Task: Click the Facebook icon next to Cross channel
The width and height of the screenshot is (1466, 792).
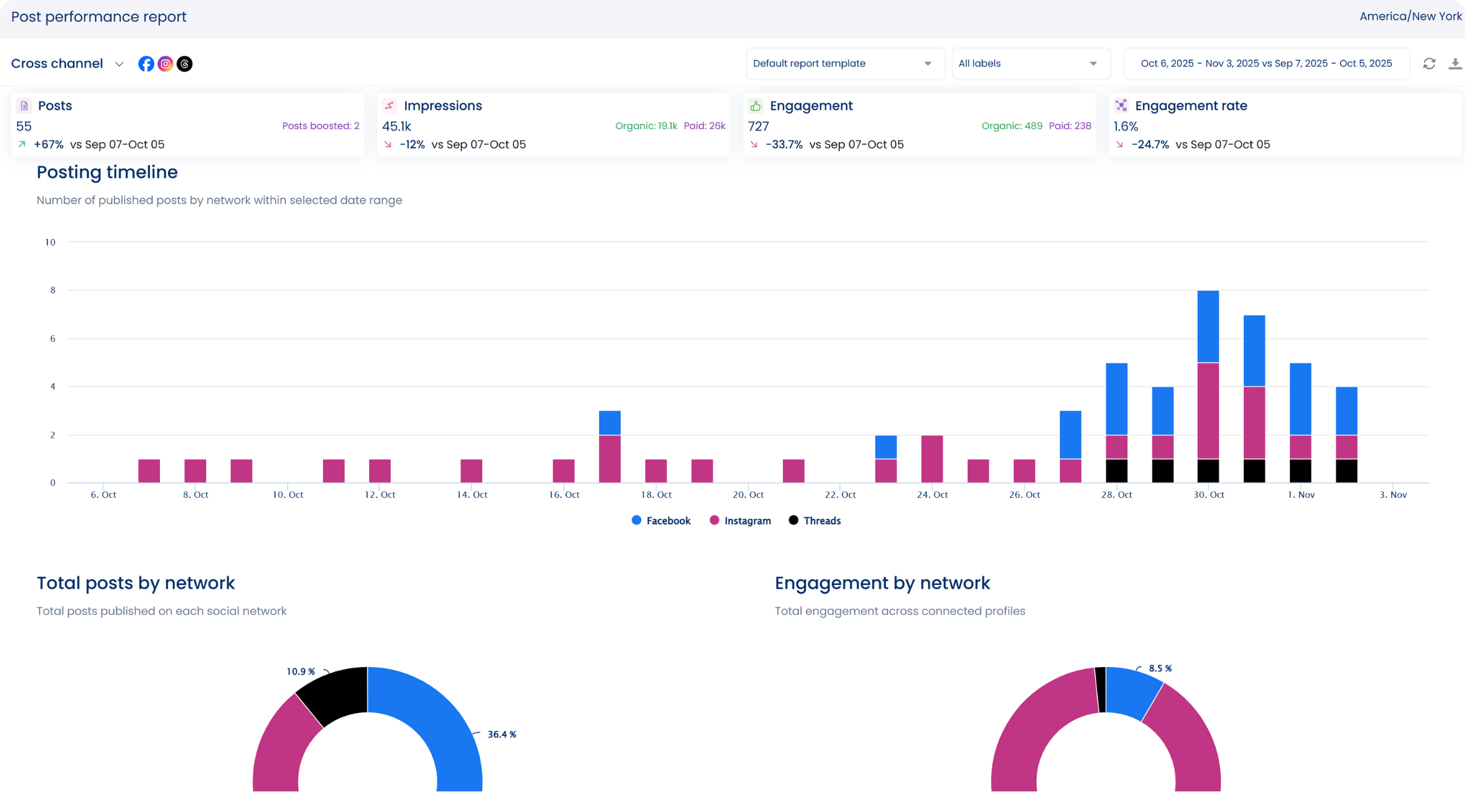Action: [146, 64]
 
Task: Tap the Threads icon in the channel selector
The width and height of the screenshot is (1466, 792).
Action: [185, 64]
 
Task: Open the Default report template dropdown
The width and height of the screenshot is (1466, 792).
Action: [844, 64]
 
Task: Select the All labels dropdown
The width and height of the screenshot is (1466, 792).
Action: [1030, 64]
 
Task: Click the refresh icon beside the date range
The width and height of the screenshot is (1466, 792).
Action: [1429, 64]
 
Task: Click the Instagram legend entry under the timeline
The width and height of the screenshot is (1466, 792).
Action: [740, 521]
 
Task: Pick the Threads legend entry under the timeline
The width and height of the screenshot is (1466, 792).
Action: [815, 521]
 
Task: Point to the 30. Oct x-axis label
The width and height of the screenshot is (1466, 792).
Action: [1208, 495]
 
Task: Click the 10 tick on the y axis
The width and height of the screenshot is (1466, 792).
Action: [50, 242]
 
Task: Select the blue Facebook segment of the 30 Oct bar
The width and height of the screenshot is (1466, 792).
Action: [1208, 326]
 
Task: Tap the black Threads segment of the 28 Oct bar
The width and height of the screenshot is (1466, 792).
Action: [1116, 471]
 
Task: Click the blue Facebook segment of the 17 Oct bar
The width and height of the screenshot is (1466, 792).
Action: [609, 423]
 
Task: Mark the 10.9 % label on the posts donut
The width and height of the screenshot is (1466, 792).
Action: [301, 672]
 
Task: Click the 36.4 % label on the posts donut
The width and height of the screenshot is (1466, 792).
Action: [501, 735]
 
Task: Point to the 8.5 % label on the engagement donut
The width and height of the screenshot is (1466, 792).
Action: [1160, 668]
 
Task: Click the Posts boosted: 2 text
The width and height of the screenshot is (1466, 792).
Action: [320, 126]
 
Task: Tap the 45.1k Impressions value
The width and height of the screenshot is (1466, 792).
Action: [396, 127]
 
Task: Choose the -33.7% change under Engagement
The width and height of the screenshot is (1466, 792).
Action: [784, 145]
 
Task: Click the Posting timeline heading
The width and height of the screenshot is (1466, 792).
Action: [107, 172]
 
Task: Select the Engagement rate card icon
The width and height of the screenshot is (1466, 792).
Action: [1121, 106]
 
